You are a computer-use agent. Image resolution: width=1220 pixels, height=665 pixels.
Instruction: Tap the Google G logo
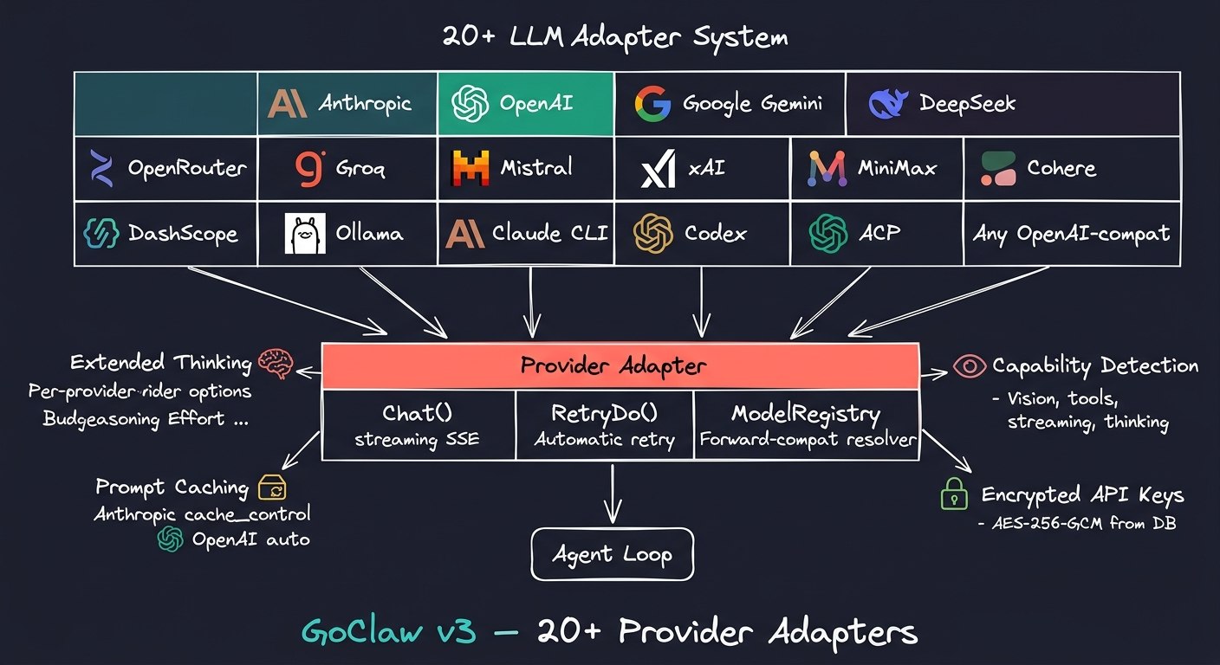tap(652, 104)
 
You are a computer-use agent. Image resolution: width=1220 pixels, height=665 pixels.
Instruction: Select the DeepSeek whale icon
tap(889, 104)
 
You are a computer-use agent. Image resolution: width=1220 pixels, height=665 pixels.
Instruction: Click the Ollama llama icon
tap(305, 233)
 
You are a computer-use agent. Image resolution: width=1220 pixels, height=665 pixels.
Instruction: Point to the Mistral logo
tap(470, 168)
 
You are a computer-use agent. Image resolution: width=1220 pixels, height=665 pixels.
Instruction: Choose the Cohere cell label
tap(1061, 168)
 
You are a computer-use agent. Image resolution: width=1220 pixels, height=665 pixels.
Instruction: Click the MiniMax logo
tap(827, 168)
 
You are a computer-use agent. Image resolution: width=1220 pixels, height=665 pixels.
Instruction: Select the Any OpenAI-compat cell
tap(1071, 233)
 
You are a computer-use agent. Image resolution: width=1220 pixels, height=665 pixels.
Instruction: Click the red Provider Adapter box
tap(620, 365)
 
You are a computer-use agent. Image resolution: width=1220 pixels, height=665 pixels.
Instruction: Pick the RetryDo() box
tap(604, 423)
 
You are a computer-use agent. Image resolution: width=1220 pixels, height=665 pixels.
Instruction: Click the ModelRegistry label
tap(806, 414)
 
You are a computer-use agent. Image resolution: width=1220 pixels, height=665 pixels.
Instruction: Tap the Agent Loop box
tap(612, 554)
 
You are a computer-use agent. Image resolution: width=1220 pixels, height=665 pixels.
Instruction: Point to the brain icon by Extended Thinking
tap(276, 362)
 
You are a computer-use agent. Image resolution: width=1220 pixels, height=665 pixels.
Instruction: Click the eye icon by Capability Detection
tap(970, 365)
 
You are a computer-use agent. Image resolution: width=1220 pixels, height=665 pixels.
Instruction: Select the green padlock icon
tap(954, 495)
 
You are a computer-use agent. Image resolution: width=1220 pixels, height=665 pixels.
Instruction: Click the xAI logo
tap(658, 168)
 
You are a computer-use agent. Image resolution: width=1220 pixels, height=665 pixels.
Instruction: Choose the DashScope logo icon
tap(101, 233)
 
